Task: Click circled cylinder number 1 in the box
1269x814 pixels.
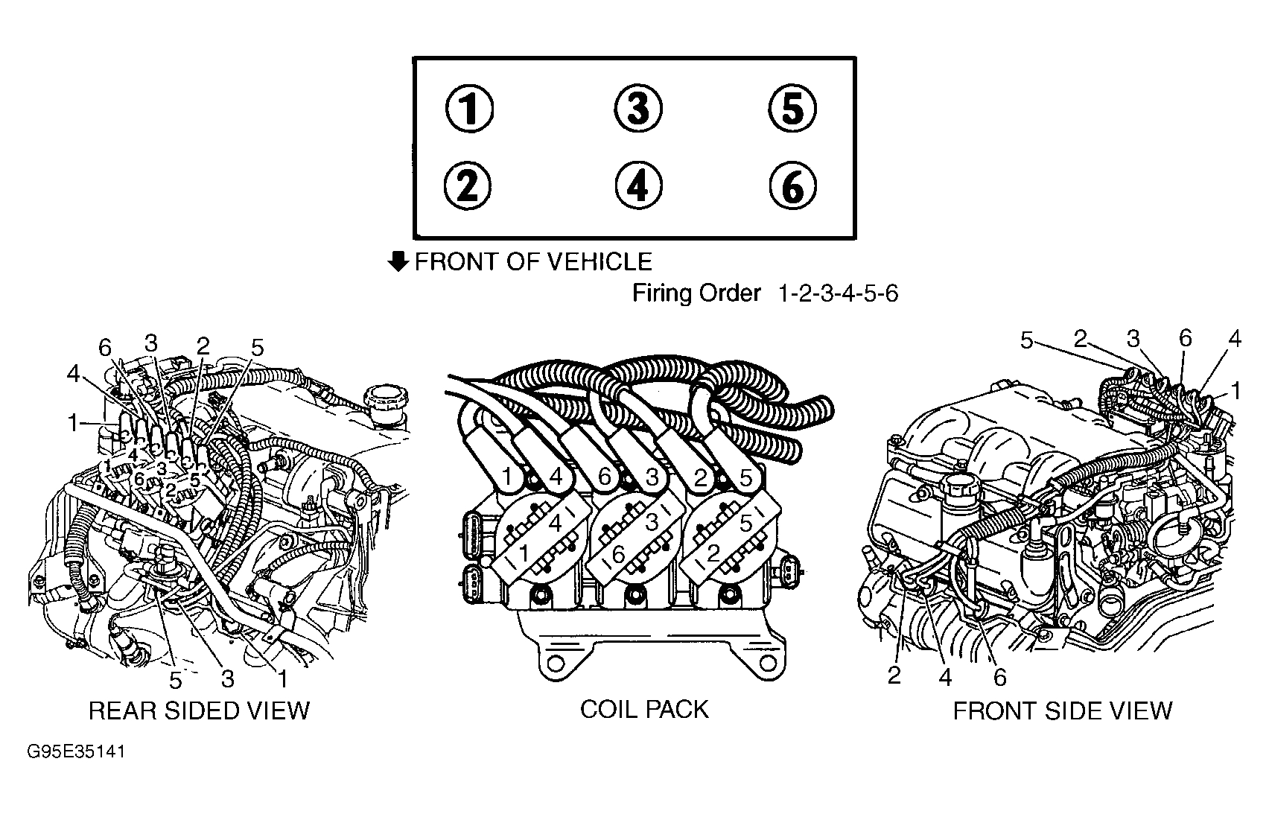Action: point(468,109)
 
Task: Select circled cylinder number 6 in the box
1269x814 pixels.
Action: point(792,186)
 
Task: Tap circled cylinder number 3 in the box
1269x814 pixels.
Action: point(637,109)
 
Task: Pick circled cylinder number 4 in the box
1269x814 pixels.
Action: point(637,186)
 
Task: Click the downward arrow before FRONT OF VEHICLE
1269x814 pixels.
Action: point(399,261)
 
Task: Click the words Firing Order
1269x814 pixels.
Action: point(696,293)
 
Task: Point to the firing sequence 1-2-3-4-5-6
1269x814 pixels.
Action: point(838,294)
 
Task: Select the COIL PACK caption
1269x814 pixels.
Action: point(644,709)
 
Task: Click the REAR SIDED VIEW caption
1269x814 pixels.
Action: point(199,710)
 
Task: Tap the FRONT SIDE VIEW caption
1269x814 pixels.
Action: point(1062,710)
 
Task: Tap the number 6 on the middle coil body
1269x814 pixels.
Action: point(617,555)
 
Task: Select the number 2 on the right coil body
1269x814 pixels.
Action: point(713,553)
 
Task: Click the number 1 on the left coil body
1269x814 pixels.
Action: point(524,553)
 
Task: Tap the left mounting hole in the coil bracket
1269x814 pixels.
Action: point(552,662)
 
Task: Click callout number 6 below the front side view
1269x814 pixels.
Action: point(999,677)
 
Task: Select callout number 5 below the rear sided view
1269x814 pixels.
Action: point(176,680)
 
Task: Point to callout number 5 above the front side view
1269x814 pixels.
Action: point(1027,341)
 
